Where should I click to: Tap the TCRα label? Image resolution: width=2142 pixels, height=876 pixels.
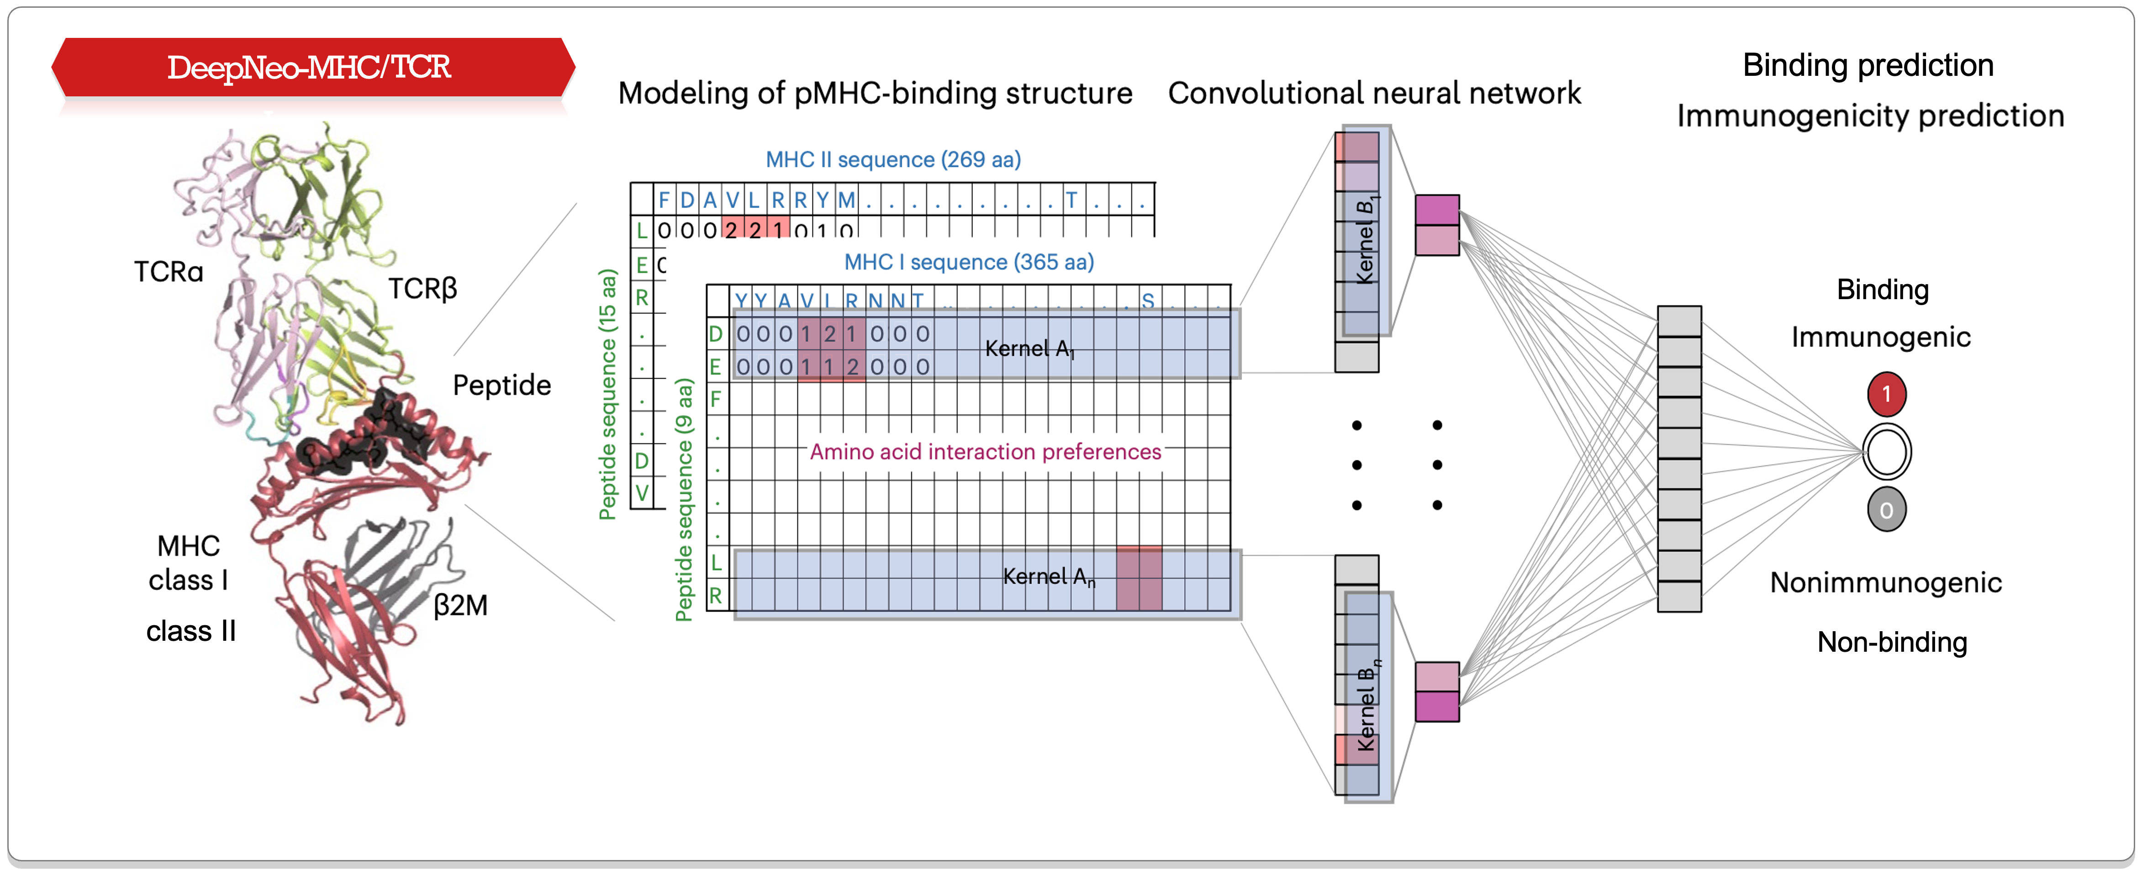point(169,272)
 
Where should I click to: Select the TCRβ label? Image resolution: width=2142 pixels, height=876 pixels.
point(422,289)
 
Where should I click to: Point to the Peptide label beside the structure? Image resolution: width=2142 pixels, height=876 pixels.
point(501,385)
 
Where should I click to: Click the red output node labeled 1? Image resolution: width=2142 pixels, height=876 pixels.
point(1886,394)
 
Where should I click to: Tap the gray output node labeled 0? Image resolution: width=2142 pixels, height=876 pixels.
point(1886,510)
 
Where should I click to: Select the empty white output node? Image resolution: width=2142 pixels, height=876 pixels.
point(1886,452)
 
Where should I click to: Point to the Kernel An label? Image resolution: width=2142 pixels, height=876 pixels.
point(1048,576)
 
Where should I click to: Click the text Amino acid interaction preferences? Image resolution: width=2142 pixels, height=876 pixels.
point(985,452)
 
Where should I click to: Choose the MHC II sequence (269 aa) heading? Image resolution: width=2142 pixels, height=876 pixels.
point(892,160)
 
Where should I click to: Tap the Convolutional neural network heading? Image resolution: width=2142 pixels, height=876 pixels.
point(1374,93)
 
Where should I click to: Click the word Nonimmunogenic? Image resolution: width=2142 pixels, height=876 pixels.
point(1885,582)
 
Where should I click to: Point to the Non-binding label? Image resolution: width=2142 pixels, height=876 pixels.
point(1892,642)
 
